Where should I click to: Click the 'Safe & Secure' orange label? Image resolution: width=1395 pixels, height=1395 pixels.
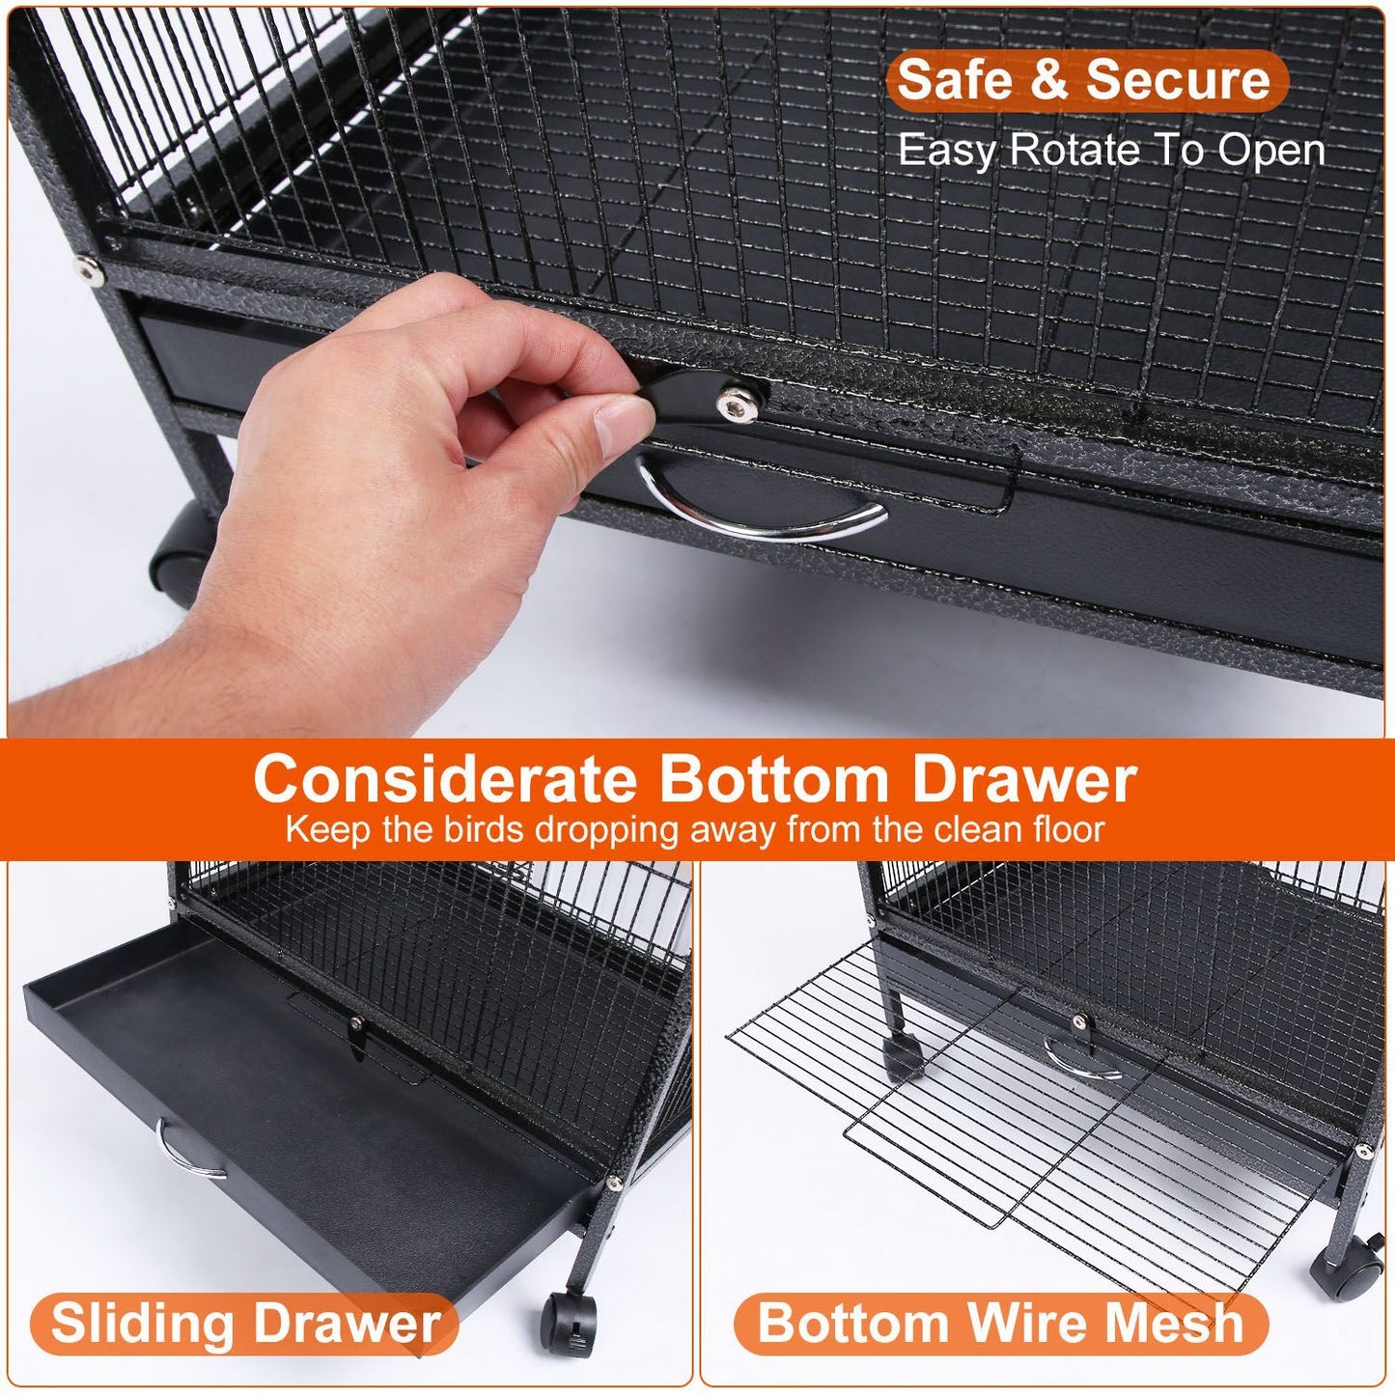coord(1087,80)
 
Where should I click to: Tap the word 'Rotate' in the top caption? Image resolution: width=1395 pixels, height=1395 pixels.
coord(1073,151)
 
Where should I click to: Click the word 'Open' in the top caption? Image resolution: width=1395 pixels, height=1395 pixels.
coord(1271,151)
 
